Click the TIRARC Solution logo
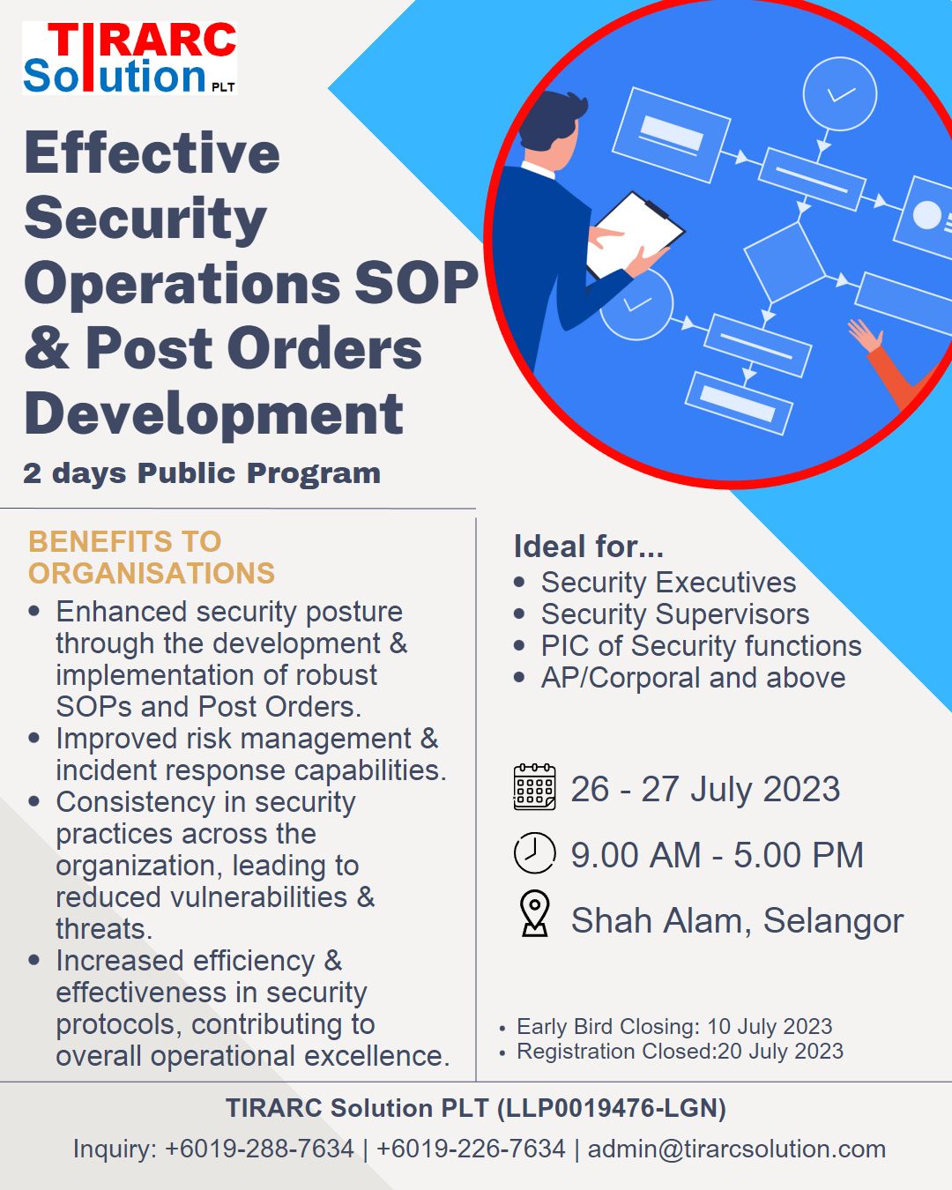click(x=130, y=58)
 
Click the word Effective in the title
click(x=152, y=153)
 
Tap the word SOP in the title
click(x=416, y=284)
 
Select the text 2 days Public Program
click(x=202, y=473)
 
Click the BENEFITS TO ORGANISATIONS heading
click(x=152, y=557)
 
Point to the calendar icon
click(x=534, y=787)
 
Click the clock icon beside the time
click(x=534, y=853)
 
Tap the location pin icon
click(x=534, y=914)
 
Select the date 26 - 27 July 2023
click(x=705, y=789)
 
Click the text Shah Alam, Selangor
click(x=737, y=920)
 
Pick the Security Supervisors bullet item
click(x=674, y=614)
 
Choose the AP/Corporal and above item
click(x=693, y=678)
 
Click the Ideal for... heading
click(x=588, y=547)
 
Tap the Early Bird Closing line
click(x=673, y=1027)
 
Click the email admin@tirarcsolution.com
click(x=736, y=1149)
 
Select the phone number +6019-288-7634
click(x=259, y=1149)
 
